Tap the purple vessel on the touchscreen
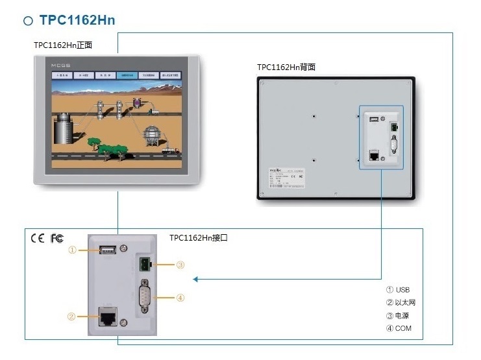tap(138, 102)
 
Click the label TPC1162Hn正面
tap(64, 45)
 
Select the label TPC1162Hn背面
tap(286, 67)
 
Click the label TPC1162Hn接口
tap(199, 238)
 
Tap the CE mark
tap(38, 238)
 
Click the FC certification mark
tap(57, 238)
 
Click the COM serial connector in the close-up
tap(145, 298)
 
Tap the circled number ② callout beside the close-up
tap(72, 317)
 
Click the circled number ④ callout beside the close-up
tap(180, 298)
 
